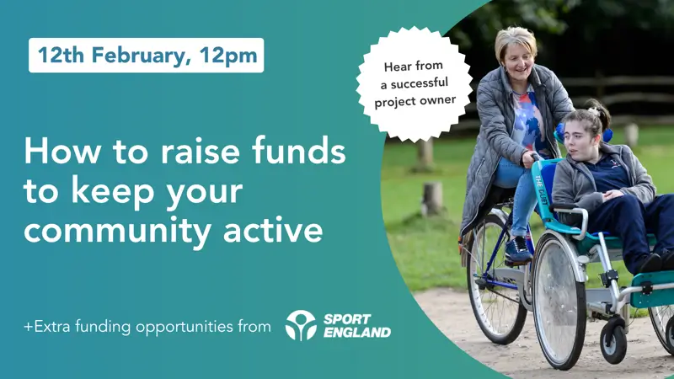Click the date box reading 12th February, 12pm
tap(146, 56)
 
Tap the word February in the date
tap(142, 56)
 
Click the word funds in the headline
tap(299, 151)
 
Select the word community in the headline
tap(117, 230)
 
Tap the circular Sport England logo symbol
tap(301, 326)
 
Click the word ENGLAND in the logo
tap(357, 332)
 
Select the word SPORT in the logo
tap(347, 319)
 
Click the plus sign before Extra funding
tap(29, 327)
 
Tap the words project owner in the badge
tap(415, 101)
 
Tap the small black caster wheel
tap(613, 342)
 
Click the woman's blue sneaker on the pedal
tap(518, 250)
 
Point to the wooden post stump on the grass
tap(432, 199)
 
